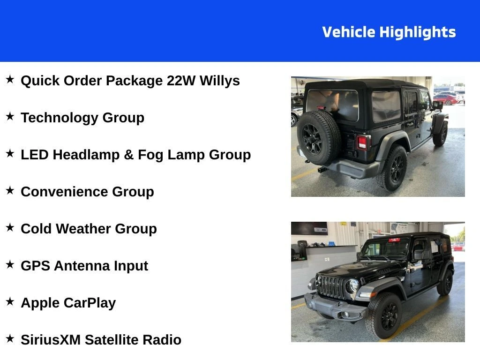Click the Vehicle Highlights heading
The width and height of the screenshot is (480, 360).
[389, 32]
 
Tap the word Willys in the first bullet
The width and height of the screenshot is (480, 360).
[219, 81]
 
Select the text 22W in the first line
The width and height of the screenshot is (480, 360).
[180, 81]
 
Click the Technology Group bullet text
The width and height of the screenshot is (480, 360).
[82, 118]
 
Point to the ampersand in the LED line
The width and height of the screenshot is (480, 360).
[128, 155]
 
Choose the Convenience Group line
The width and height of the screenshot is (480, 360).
[87, 192]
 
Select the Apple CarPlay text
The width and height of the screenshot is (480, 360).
[68, 303]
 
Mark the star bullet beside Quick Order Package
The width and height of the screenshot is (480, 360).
[10, 79]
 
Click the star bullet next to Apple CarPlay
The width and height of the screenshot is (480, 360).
[10, 301]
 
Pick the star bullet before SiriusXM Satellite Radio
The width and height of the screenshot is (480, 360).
[10, 338]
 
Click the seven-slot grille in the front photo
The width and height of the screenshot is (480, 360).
[331, 287]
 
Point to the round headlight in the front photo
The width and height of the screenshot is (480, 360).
[352, 286]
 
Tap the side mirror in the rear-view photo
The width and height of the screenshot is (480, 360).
[437, 105]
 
